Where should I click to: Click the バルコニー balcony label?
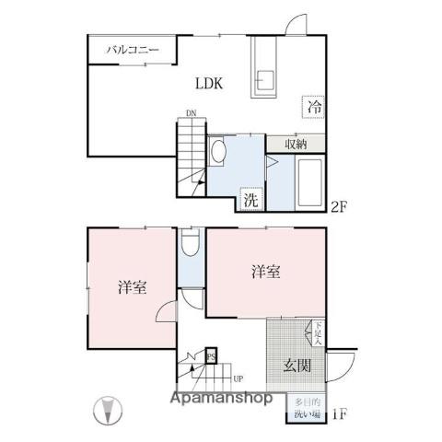pyautogui.click(x=132, y=50)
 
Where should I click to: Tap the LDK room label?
pyautogui.click(x=208, y=84)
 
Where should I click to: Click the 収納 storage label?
pyautogui.click(x=295, y=144)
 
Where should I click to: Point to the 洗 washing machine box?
pyautogui.click(x=250, y=198)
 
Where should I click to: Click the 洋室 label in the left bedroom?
pyautogui.click(x=132, y=286)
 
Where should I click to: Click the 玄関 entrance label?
pyautogui.click(x=295, y=364)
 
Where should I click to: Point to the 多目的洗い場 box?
pyautogui.click(x=306, y=407)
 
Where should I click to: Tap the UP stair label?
pyautogui.click(x=238, y=378)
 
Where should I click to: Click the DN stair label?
pyautogui.click(x=191, y=113)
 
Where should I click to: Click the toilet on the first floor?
pyautogui.click(x=190, y=243)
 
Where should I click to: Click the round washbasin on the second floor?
pyautogui.click(x=219, y=150)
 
